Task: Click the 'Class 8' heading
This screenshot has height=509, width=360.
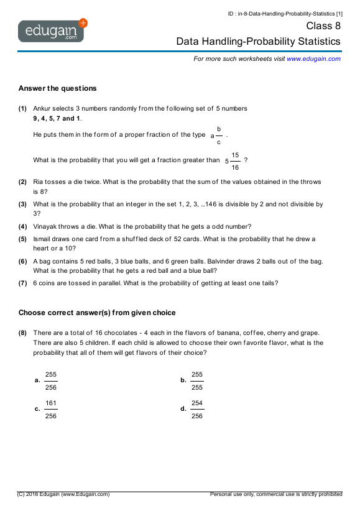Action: click(x=323, y=26)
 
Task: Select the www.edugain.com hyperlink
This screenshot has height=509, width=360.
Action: click(x=313, y=58)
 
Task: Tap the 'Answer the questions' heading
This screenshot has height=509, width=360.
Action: click(x=57, y=88)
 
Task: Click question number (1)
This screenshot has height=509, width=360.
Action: click(x=22, y=108)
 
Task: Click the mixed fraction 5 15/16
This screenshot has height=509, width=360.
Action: click(x=233, y=160)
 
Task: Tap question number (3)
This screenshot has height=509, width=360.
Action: click(x=22, y=204)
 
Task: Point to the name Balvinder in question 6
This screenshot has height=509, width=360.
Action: click(x=241, y=262)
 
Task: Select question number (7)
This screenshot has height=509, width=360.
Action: click(x=22, y=283)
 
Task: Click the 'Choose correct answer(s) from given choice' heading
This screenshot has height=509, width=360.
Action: click(x=97, y=313)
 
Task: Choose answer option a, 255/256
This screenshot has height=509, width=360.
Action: click(x=50, y=380)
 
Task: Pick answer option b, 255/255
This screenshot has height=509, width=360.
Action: click(x=196, y=380)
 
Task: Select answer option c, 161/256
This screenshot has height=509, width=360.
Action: click(x=50, y=410)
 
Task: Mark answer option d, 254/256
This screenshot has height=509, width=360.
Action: click(x=196, y=410)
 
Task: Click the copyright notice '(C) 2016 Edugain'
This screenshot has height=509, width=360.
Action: click(x=63, y=494)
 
